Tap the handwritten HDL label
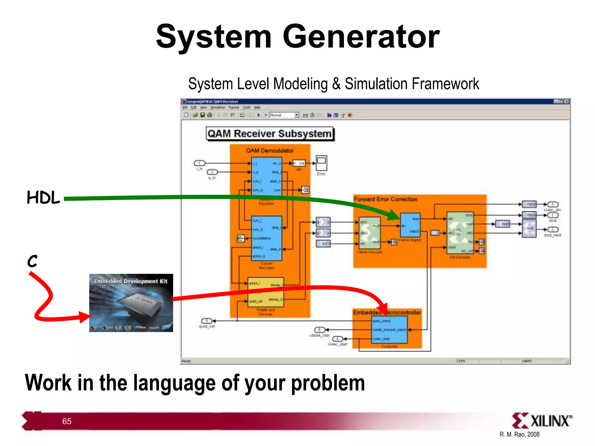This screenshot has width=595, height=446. tap(43, 198)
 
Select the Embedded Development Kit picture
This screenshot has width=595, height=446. tap(131, 303)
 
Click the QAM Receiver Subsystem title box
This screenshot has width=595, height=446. tap(270, 134)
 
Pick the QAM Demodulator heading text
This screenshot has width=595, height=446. tap(270, 150)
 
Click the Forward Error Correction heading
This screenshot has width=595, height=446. tap(386, 199)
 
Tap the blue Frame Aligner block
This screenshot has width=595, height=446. tap(410, 225)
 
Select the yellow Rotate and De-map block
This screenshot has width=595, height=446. tap(266, 292)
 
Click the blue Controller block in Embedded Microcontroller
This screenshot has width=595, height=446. tap(390, 330)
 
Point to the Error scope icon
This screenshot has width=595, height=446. tap(321, 163)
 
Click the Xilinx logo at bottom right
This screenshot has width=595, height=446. tap(542, 420)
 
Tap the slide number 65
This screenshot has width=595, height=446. tap(67, 421)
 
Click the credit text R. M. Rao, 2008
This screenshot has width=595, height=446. tap(519, 434)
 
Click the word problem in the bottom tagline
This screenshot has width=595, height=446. tap(328, 383)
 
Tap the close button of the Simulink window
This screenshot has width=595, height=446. tap(566, 101)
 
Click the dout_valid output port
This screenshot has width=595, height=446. tap(553, 230)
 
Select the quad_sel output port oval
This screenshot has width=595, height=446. tap(207, 321)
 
